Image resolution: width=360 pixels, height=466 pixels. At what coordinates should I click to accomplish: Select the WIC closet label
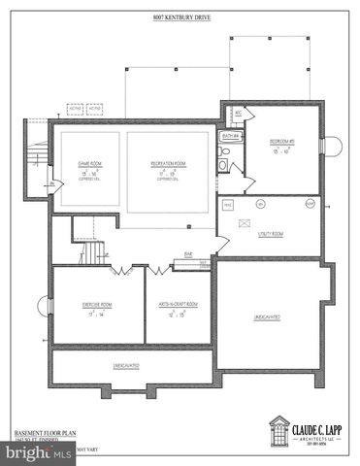click(x=238, y=114)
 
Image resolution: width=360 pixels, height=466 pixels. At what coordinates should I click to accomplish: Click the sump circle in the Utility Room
click(x=260, y=204)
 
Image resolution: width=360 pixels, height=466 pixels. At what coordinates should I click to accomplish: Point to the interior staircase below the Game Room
click(x=90, y=254)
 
